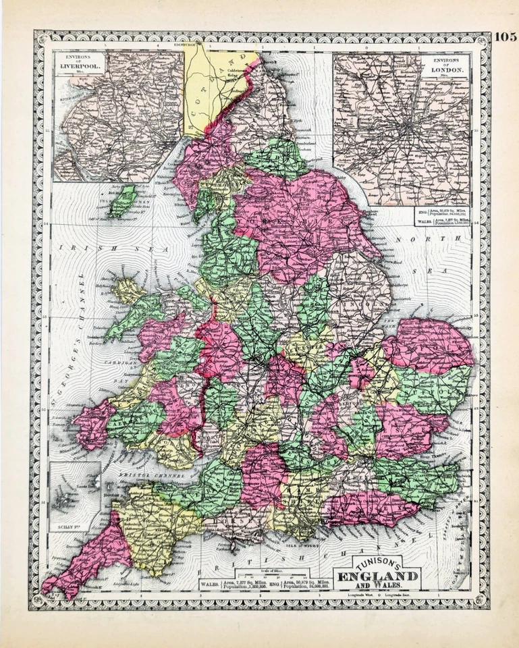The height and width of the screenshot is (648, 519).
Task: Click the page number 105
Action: (505, 36)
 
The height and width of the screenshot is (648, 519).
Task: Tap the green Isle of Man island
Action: (123, 200)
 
